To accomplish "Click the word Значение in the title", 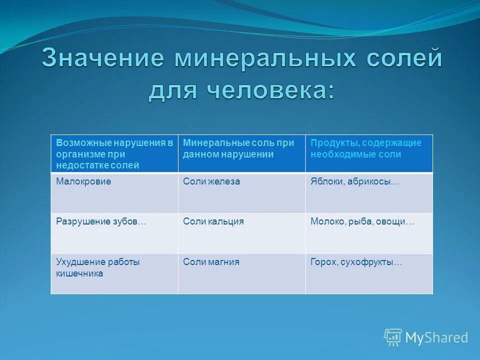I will click(102, 58).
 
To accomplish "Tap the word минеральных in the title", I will click(265, 58).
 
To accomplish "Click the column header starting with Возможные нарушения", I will click(114, 153).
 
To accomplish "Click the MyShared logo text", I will click(436, 338).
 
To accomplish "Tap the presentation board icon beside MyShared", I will click(392, 337).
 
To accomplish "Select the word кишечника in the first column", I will click(79, 273).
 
